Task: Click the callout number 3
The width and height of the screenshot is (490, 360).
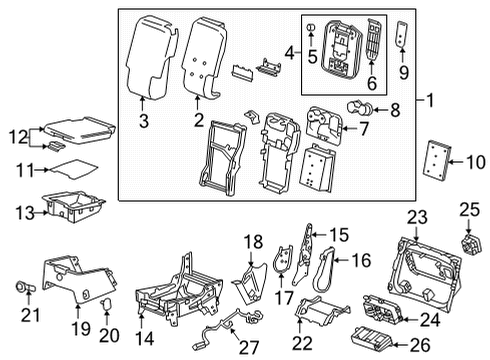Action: (143, 122)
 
